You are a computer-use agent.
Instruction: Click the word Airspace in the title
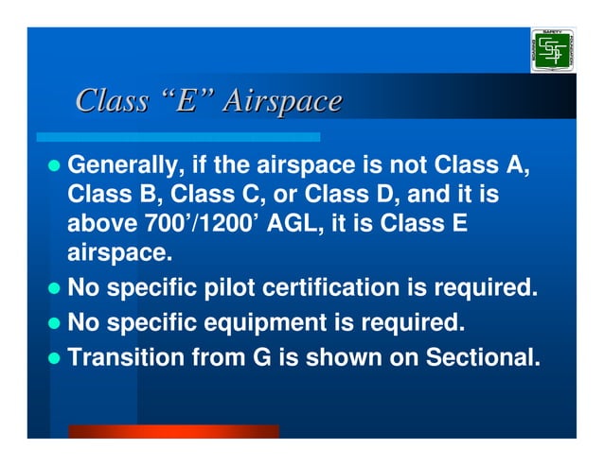(281, 100)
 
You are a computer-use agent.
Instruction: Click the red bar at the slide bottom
(173, 431)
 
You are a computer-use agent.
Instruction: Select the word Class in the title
(111, 100)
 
